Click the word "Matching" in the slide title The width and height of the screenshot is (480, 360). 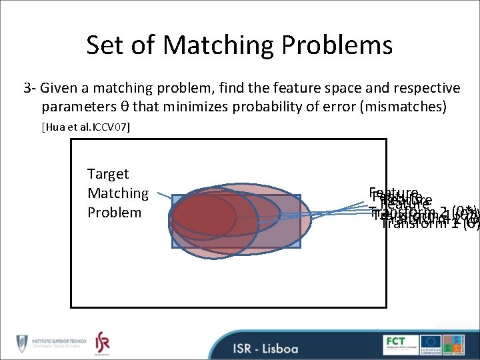[218, 45]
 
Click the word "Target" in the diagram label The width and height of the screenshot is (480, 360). [108, 174]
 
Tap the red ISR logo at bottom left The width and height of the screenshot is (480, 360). [102, 343]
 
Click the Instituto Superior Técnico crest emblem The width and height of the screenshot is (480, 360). [21, 343]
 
